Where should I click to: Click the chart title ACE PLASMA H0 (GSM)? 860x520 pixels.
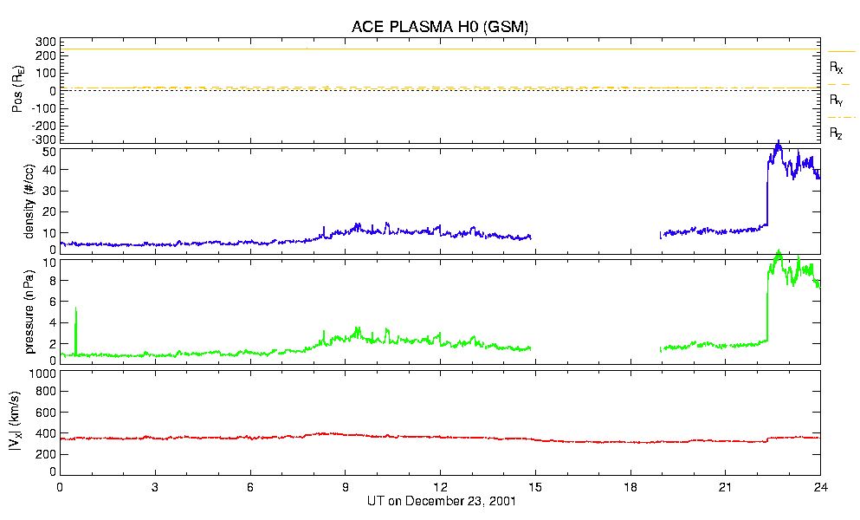439,27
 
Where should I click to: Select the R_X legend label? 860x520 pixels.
837,67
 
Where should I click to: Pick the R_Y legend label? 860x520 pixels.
837,101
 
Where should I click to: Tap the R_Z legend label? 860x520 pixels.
837,133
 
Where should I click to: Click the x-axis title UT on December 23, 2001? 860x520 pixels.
439,501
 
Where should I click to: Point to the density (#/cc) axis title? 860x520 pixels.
30,201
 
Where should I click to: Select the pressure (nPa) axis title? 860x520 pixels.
30,309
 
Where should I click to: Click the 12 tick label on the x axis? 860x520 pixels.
440,487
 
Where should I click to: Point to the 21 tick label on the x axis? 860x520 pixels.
725,487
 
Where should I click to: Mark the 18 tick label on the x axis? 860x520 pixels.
630,487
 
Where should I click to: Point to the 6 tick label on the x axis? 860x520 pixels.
250,487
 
